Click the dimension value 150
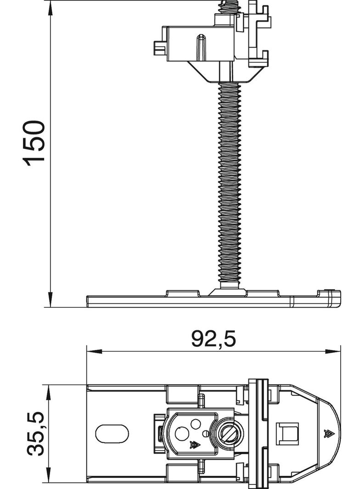pos(35,143)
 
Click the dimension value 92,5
pos(214,339)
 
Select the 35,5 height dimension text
pos(35,433)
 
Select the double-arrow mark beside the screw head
pos(195,444)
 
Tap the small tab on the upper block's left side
pos(158,48)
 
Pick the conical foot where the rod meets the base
pos(226,291)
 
